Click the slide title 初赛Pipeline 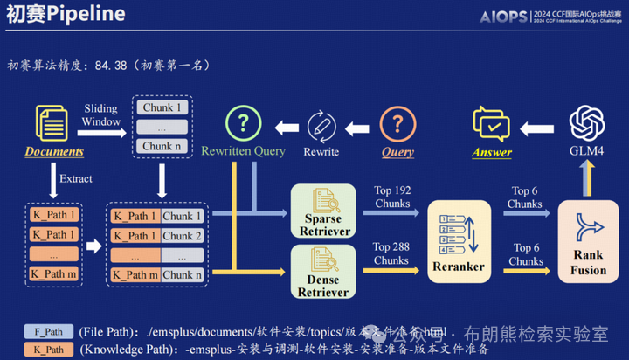point(66,15)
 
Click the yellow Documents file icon point(53,123)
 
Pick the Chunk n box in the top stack point(162,146)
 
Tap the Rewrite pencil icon point(321,124)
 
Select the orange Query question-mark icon point(397,123)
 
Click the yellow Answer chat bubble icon point(491,123)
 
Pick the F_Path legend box point(47,332)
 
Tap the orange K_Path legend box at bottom point(47,350)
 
